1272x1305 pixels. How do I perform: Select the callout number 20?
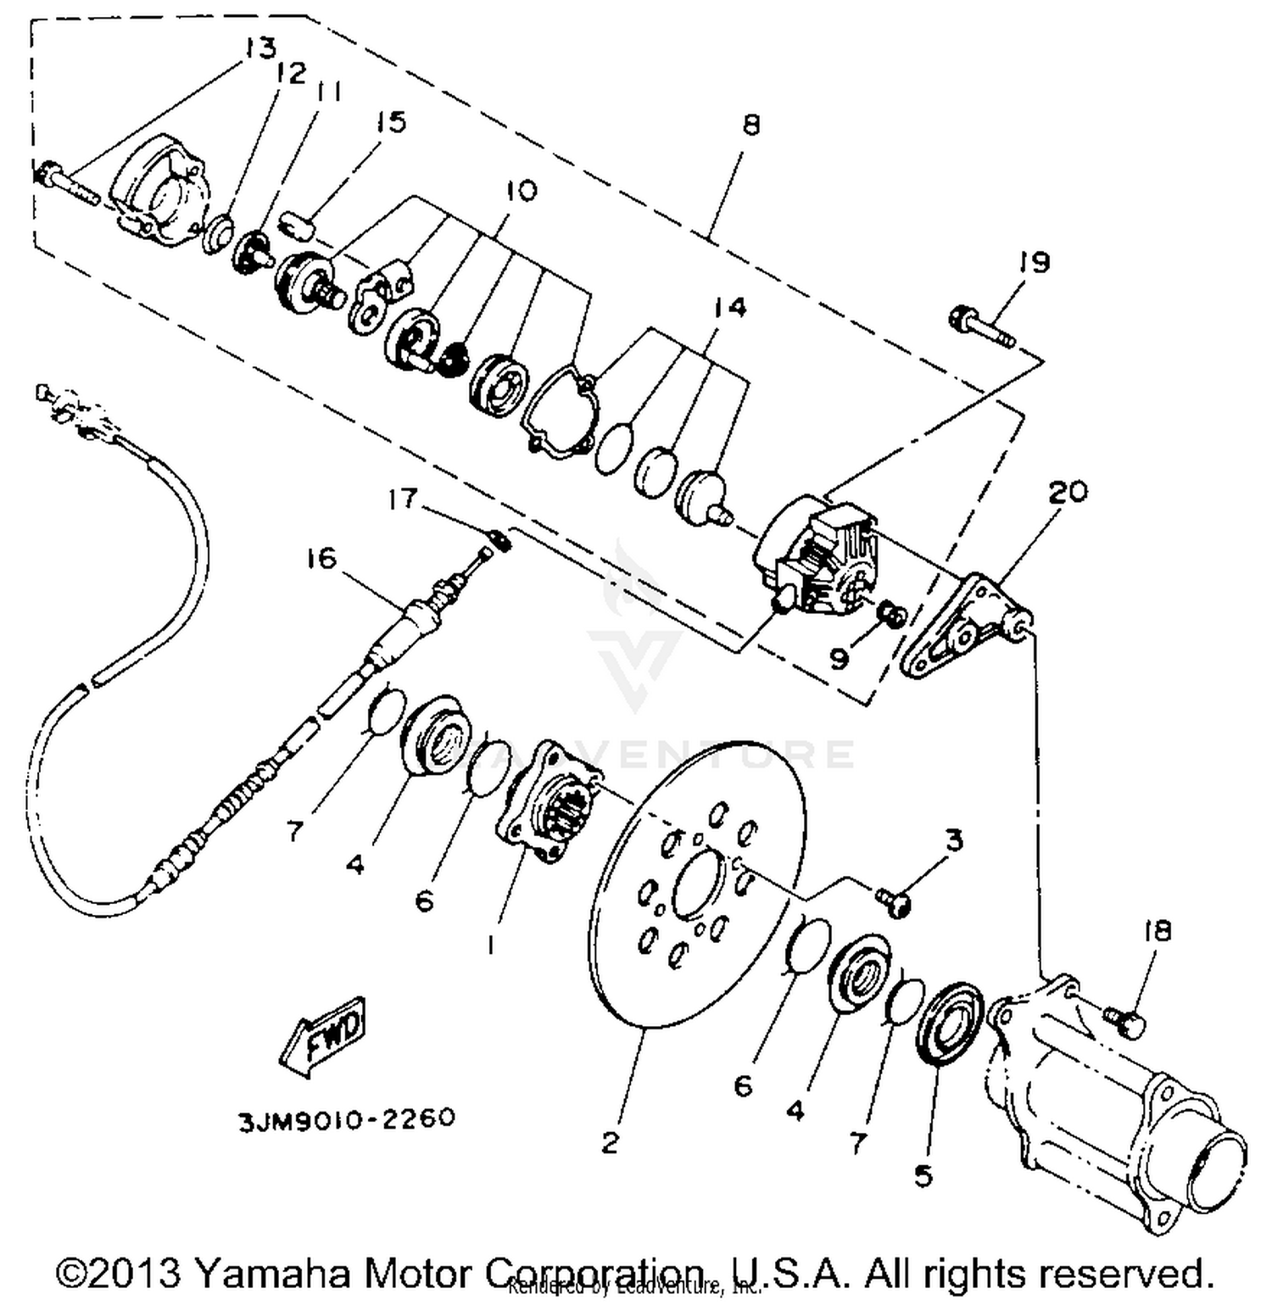[1068, 491]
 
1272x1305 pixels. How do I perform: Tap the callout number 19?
[1034, 262]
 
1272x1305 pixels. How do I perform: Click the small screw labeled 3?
[893, 901]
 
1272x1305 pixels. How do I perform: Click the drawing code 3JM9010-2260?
[346, 1119]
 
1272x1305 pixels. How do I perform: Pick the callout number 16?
[321, 559]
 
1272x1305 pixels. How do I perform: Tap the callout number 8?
[750, 125]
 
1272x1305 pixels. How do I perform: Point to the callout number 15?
[391, 122]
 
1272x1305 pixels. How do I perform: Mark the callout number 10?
[522, 190]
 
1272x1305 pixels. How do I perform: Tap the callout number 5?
[923, 1175]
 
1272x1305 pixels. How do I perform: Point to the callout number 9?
[840, 658]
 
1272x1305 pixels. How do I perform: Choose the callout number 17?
[402, 499]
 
